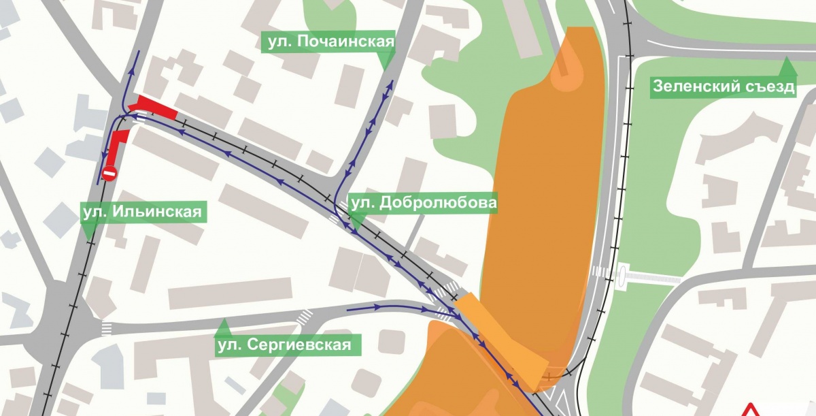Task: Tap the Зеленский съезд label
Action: [x=724, y=87]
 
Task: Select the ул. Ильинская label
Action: [x=142, y=212]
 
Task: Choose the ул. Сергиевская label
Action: [x=284, y=346]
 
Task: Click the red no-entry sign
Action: [x=109, y=174]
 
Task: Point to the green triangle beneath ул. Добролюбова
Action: [x=355, y=222]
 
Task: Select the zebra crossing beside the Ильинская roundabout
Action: [x=107, y=328]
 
